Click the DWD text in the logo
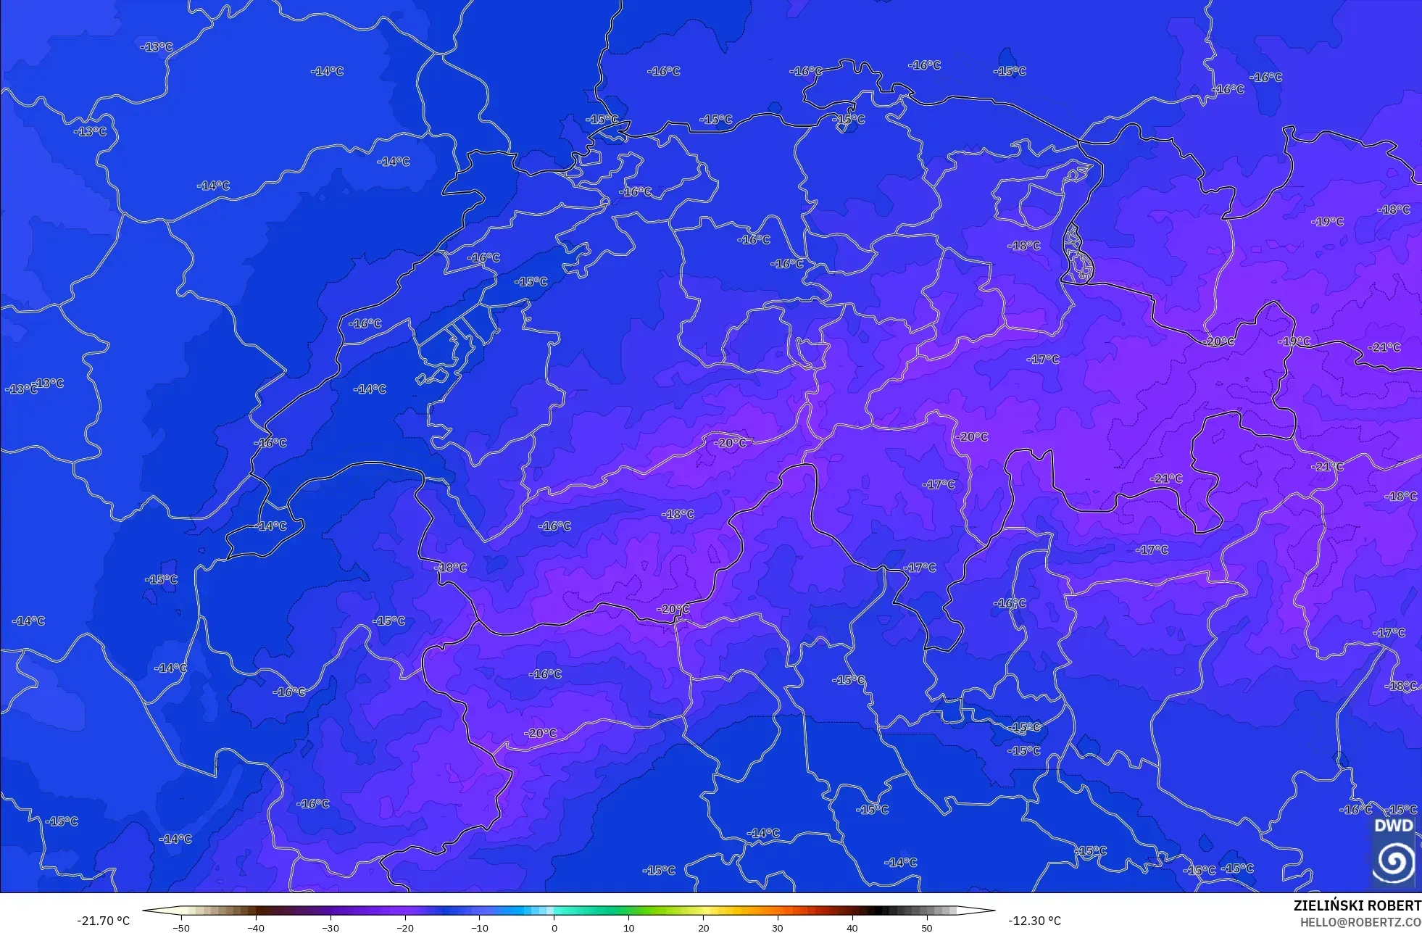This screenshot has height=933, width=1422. pos(1394,826)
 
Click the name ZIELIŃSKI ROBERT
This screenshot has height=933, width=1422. pos(1357,906)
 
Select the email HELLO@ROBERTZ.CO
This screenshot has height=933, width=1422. pos(1360,923)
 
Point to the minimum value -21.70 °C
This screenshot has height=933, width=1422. pos(104,921)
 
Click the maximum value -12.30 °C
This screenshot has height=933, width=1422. pos(1034,921)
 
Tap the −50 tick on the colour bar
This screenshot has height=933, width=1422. pos(181,927)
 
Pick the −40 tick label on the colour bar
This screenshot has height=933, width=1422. pos(256,927)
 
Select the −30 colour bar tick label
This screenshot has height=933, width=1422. pos(330,927)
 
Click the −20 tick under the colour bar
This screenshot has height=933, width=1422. pos(405,927)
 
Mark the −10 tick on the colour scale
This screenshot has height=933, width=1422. pos(480,927)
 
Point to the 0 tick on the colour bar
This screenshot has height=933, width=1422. pos(554,927)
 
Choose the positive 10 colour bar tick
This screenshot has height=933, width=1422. pos(628,927)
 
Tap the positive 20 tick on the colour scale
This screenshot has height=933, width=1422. pos(703,927)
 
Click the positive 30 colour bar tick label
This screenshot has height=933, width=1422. pos(778,927)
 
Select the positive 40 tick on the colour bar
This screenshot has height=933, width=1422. pos(852,927)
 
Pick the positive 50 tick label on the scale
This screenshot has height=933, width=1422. pos(927,927)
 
